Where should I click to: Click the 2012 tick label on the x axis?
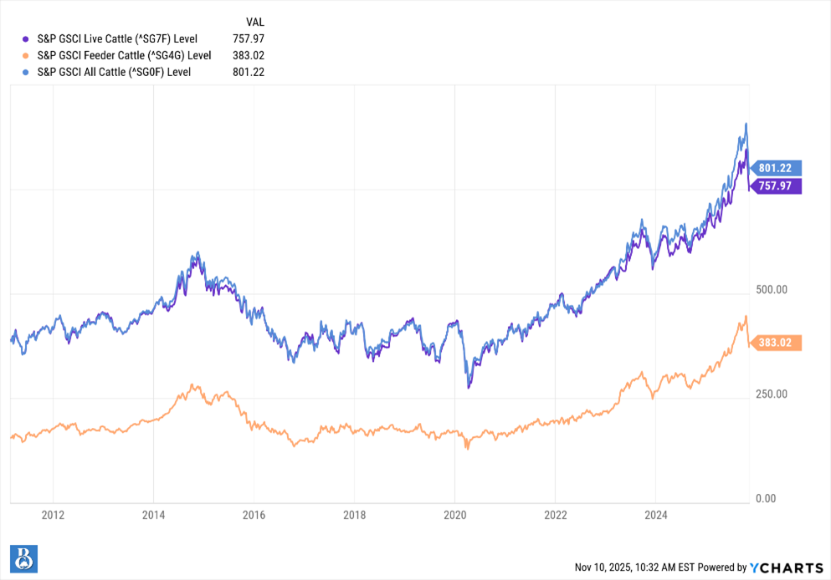pos(53,515)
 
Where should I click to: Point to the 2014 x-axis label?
pos(153,515)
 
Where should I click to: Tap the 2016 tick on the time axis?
pos(254,515)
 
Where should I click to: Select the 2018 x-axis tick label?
pos(354,515)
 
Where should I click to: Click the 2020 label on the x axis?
pos(454,515)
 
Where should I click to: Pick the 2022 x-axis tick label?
pos(556,515)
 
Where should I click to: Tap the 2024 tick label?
pos(656,515)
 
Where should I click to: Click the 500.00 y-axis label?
pos(771,291)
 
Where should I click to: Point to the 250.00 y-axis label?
pos(771,394)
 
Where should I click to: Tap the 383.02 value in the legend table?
pos(249,55)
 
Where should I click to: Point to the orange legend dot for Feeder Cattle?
pos(27,55)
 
